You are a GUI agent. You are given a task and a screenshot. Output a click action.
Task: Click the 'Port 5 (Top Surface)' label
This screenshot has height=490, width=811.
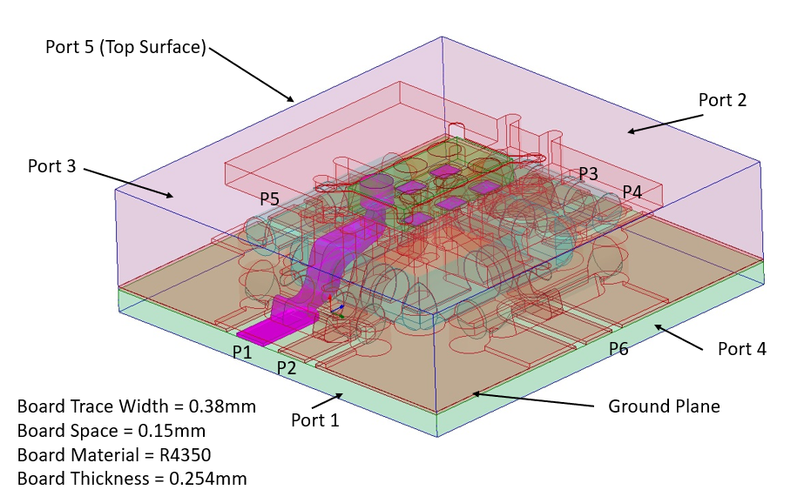tap(125, 47)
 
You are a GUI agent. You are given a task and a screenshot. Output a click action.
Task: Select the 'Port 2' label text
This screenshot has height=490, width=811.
tap(722, 100)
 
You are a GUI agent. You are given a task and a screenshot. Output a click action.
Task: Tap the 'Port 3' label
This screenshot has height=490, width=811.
tap(51, 165)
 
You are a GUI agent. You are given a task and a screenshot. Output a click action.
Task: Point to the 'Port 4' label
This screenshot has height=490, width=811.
tap(741, 349)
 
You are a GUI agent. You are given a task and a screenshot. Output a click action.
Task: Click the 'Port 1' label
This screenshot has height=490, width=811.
tap(314, 420)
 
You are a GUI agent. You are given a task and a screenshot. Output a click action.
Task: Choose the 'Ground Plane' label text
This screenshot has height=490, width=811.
tap(664, 406)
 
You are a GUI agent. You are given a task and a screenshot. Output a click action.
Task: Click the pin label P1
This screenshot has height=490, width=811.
tap(241, 352)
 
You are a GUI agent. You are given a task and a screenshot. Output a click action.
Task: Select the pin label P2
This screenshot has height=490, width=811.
tap(287, 367)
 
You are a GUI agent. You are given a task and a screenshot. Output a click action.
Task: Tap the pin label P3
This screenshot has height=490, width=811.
tap(588, 174)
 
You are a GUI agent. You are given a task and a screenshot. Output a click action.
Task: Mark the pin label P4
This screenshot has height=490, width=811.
tap(632, 191)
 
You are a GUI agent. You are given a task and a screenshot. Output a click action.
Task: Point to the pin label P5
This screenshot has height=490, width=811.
tap(269, 199)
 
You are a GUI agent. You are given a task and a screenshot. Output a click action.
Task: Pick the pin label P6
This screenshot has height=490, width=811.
tap(618, 349)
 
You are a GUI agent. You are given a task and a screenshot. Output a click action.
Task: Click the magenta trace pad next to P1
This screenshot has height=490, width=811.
tap(267, 332)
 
